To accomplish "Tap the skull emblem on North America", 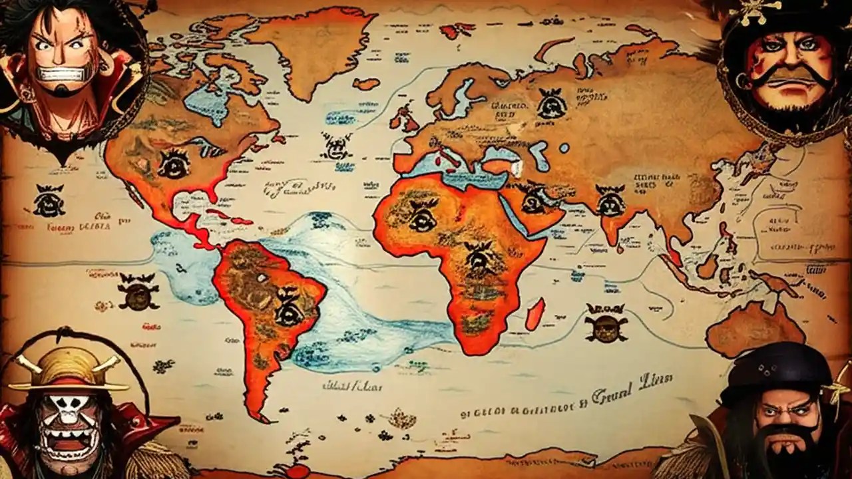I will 174,163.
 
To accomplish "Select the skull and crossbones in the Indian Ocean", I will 605,322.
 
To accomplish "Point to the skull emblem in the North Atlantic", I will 337,146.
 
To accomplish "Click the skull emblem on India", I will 611,200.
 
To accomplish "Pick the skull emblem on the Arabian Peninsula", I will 533,199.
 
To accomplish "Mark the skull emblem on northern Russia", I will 551,104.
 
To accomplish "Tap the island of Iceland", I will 365,84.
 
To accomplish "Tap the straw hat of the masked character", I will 66,369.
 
